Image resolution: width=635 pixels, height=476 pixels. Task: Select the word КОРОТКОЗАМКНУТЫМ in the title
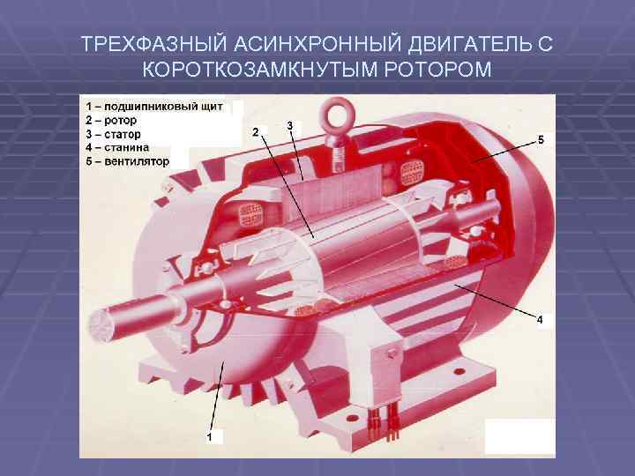tap(260, 70)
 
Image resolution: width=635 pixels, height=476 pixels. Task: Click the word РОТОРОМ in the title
tap(437, 70)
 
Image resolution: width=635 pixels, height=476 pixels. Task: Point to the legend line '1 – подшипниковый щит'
tap(153, 107)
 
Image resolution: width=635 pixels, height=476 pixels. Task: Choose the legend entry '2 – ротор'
tap(111, 120)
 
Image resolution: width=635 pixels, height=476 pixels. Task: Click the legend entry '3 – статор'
tap(113, 134)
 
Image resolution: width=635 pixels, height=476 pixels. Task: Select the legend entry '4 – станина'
tap(117, 147)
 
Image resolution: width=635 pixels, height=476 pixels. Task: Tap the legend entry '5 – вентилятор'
tap(127, 161)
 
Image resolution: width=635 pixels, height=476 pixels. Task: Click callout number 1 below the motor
tap(209, 437)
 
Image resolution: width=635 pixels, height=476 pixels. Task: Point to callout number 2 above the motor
tap(256, 132)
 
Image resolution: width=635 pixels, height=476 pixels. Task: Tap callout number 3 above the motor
tap(290, 125)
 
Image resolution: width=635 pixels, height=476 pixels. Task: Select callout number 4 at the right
tap(540, 320)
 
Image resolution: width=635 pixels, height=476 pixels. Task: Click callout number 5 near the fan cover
tap(541, 140)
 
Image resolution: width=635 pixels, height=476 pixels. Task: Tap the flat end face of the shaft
tap(99, 327)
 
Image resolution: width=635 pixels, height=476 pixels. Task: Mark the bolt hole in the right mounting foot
tap(459, 371)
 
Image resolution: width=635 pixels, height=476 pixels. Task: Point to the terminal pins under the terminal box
tap(383, 424)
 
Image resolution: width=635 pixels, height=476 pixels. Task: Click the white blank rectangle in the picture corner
tap(519, 436)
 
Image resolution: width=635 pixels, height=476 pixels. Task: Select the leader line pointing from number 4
tap(495, 300)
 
